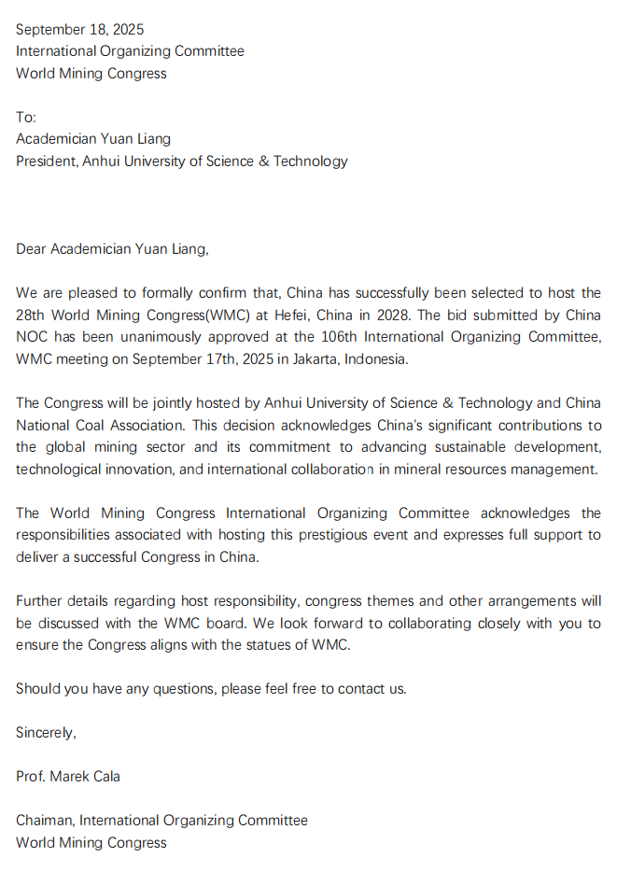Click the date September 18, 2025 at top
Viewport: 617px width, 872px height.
(79, 29)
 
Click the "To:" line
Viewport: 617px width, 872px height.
(26, 117)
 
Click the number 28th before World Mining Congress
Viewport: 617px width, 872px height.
(32, 315)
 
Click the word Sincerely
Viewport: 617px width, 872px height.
(45, 733)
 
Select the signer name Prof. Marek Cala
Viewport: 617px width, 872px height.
(67, 776)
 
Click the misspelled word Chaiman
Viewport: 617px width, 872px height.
(44, 821)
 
